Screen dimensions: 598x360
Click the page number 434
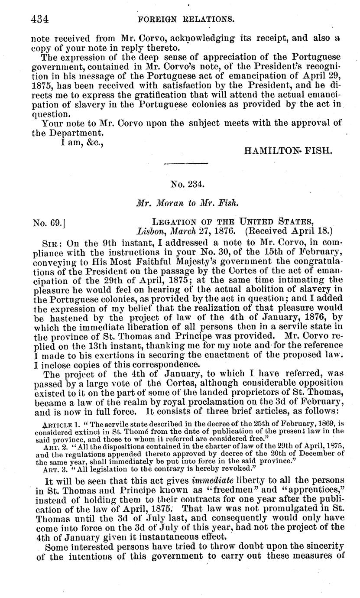pyautogui.click(x=40, y=19)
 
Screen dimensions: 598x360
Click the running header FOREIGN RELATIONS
pyautogui.click(x=186, y=19)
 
